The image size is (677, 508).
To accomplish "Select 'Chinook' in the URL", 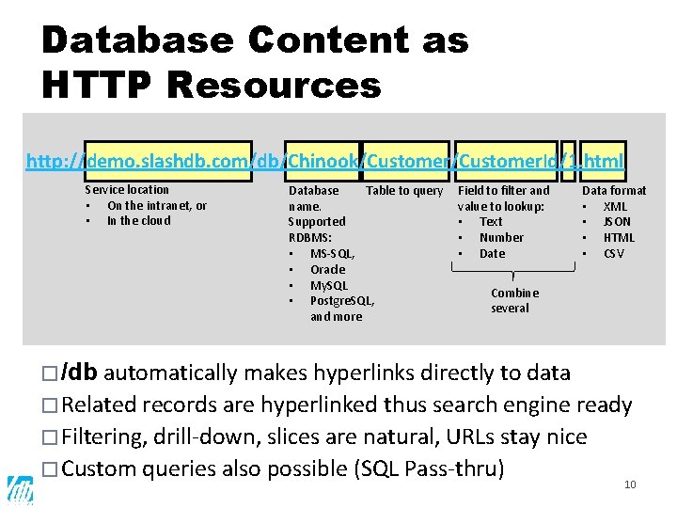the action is [323, 161].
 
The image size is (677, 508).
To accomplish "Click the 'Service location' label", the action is [127, 190].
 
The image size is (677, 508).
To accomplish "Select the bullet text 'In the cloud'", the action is [138, 221].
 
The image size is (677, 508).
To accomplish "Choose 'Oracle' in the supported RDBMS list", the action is [327, 269].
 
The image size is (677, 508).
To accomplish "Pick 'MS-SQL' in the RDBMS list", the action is [332, 253].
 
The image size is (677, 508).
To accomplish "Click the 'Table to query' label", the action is [404, 191].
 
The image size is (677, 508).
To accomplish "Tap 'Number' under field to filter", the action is [501, 237].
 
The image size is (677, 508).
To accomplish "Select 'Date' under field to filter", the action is [492, 253].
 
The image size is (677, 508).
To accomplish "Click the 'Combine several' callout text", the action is [514, 300].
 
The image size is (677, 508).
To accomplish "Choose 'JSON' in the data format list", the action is [617, 222].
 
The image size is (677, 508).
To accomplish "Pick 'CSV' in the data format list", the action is [614, 253].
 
